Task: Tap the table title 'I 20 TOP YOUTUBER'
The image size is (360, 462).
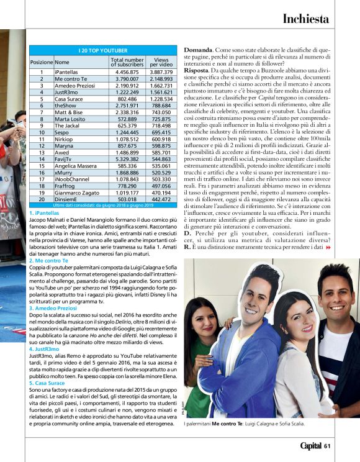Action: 103,49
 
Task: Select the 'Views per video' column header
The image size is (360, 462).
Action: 161,62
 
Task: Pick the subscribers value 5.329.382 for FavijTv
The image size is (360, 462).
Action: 127,159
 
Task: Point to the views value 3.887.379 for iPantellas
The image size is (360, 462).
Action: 161,72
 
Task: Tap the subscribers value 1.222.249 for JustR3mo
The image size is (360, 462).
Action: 127,92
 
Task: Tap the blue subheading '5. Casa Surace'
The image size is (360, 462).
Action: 46,383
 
